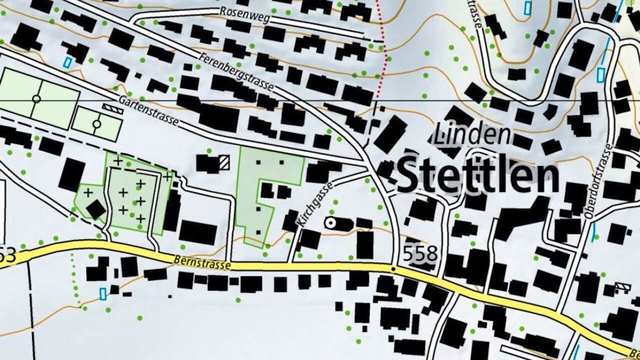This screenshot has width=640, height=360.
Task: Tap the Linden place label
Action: coord(473,135)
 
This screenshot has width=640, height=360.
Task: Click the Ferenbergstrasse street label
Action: coord(238,71)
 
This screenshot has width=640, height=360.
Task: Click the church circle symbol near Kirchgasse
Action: coord(332,223)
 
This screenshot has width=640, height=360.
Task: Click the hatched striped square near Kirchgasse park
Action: coord(224,162)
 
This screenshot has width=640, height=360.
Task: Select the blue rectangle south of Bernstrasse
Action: coord(103,294)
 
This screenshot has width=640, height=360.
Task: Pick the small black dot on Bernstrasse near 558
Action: coord(393,266)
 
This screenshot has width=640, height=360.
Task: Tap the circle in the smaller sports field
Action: coord(97,123)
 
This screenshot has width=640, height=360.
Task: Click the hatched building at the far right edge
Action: coord(622,287)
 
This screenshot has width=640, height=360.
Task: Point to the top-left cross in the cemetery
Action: coord(118,159)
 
